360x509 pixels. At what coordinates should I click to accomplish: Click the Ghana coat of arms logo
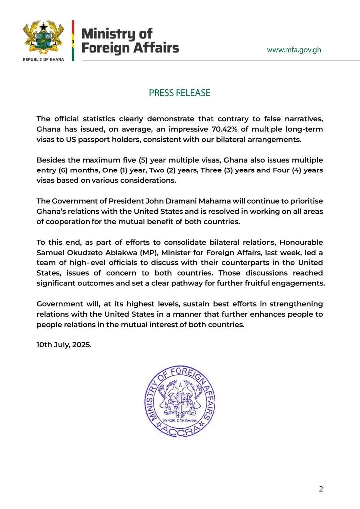click(44, 38)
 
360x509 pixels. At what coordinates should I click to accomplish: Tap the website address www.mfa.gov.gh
click(294, 50)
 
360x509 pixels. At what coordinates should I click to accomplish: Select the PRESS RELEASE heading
click(180, 93)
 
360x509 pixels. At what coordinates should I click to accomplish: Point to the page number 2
click(321, 489)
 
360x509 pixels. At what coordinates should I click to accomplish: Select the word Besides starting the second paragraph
click(53, 160)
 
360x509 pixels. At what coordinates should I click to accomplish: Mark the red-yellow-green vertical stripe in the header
click(73, 41)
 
